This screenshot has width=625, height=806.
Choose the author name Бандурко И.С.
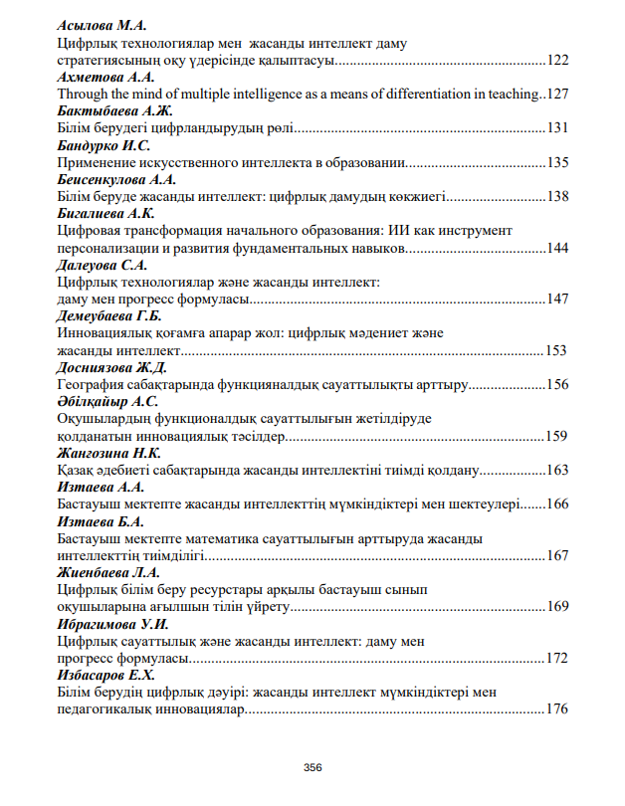tap(104, 145)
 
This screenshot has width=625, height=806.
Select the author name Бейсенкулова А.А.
tap(116, 179)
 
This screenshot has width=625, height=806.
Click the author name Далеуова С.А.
tap(102, 265)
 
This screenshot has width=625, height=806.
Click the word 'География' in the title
tap(96, 384)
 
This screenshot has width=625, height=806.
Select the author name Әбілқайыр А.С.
tap(107, 401)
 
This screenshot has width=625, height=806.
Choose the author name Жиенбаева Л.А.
tap(108, 573)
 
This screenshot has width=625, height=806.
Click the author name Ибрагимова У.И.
tap(110, 624)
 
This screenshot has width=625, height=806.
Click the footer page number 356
tap(312, 767)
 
